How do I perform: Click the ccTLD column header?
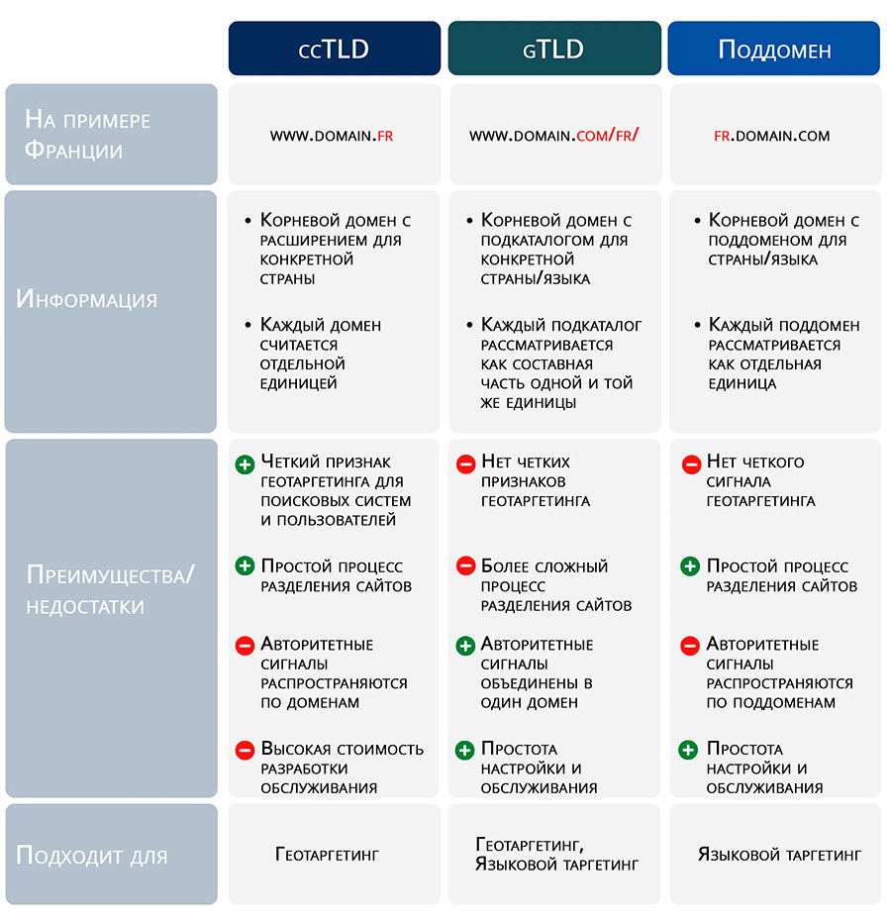334,49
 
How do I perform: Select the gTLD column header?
554,49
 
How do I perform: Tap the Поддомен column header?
774,49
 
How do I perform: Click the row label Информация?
86,299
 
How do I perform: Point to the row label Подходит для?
92,856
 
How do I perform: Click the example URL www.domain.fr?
332,136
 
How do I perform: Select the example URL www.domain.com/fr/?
553,136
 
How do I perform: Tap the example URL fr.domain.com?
771,136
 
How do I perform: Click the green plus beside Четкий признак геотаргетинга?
245,464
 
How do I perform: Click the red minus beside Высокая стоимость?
245,751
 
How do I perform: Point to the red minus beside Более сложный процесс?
465,566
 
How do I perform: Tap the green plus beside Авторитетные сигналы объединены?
465,646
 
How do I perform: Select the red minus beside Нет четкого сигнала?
691,464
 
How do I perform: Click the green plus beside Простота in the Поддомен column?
688,750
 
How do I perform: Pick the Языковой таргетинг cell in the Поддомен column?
779,855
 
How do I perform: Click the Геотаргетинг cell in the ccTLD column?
327,855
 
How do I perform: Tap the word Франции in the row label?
73,150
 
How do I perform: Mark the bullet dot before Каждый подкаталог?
469,325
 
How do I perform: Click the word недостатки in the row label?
85,606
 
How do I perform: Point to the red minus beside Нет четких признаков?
465,464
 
